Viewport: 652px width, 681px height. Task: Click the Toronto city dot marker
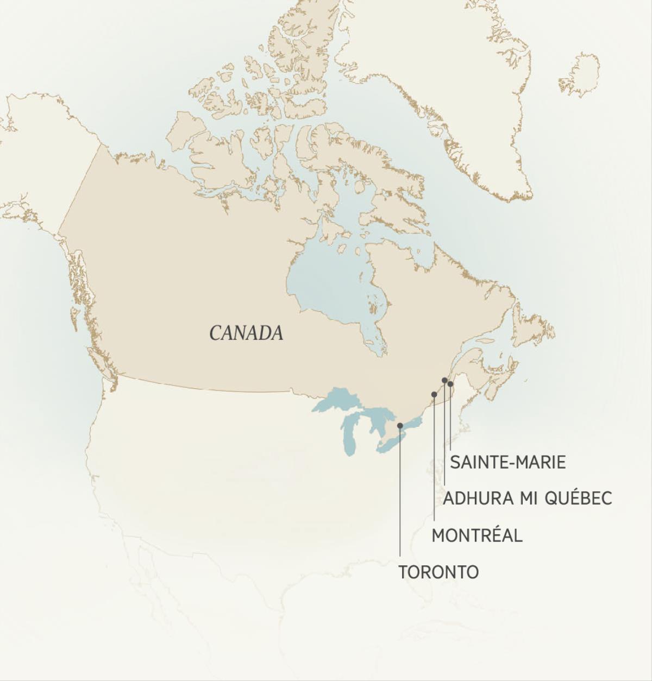[400, 426]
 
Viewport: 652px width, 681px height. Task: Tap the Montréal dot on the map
[434, 394]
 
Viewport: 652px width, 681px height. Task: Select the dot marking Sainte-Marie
[450, 384]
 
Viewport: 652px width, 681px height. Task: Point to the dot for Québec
[444, 380]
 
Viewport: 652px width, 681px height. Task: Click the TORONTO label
[438, 572]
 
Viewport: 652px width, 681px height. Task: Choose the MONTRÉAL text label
[477, 535]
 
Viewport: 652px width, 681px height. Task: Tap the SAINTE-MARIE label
[507, 462]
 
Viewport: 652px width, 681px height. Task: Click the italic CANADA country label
[246, 333]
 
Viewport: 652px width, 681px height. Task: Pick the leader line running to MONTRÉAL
[434, 462]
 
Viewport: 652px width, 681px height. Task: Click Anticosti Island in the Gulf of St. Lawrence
[485, 341]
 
